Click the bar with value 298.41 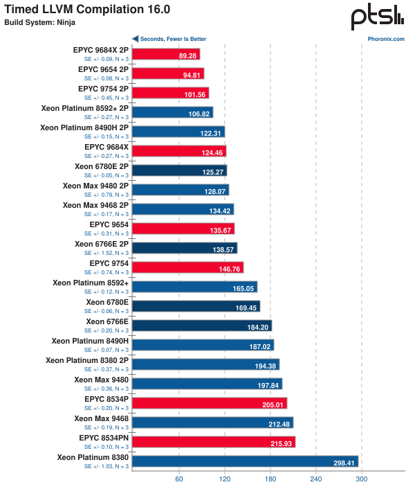pos(245,461)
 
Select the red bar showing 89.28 pos(166,54)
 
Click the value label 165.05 pos(243,287)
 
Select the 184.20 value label pos(257,326)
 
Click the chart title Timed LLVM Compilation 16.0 pos(87,10)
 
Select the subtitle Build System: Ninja pos(37,22)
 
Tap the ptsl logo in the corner pos(377,17)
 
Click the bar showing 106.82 pos(172,112)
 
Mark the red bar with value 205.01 pos(209,403)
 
